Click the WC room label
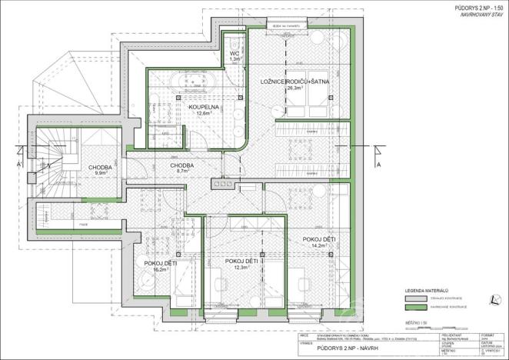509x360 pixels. tap(236, 54)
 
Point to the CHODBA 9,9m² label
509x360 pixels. tap(100, 168)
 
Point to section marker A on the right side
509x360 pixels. tap(378, 165)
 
